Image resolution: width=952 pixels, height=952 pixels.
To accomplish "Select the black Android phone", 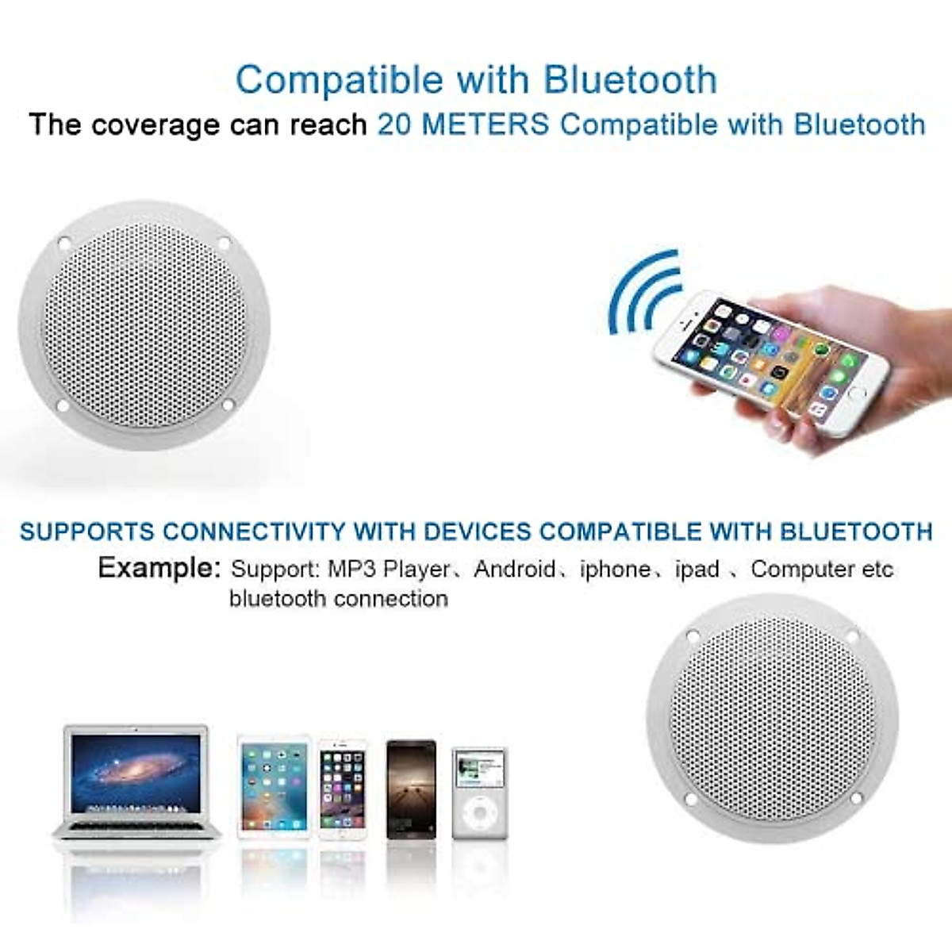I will [x=411, y=789].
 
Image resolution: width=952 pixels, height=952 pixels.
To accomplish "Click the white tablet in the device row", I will [x=273, y=787].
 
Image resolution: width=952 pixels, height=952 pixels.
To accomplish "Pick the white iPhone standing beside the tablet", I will [x=343, y=789].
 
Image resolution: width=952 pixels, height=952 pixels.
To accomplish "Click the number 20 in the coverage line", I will [x=393, y=125].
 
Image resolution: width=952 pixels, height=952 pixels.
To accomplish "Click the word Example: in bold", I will [x=159, y=567].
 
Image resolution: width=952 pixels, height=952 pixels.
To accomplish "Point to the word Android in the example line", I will [x=515, y=569].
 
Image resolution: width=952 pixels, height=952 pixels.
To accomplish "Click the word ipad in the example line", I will [x=697, y=569].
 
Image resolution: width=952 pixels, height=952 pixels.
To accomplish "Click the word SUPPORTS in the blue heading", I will [x=88, y=531].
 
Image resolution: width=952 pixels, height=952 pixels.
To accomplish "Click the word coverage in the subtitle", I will [x=155, y=125].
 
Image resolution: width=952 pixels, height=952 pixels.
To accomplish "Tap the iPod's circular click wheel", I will [x=479, y=813].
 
